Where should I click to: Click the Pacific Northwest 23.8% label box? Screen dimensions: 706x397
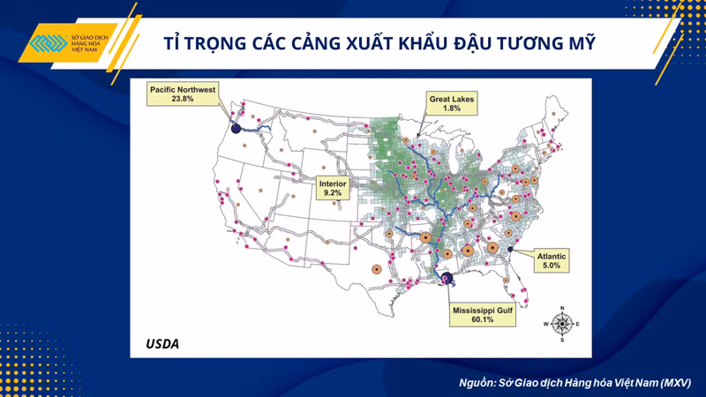point(183,94)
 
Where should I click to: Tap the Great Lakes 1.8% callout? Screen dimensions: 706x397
point(452,103)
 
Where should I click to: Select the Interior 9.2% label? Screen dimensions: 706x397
point(333,188)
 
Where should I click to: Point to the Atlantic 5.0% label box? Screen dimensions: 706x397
point(552,260)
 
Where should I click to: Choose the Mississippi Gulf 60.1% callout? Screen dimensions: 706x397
point(483,315)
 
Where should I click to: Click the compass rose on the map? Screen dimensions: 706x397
point(562,324)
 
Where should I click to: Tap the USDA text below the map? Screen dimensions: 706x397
point(162,344)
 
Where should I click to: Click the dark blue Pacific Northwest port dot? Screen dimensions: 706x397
point(236,128)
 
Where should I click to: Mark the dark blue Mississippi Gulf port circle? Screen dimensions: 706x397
point(447,278)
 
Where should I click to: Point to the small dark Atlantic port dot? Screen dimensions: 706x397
point(510,249)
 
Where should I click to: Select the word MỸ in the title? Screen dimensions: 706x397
point(581,42)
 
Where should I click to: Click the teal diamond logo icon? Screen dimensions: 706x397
point(49,43)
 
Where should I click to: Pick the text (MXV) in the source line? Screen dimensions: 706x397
point(674,383)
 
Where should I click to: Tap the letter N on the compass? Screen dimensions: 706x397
point(562,308)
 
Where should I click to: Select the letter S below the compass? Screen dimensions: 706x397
point(562,341)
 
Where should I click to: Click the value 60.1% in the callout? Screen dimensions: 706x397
point(483,319)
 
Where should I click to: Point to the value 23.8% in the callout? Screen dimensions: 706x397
point(183,99)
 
